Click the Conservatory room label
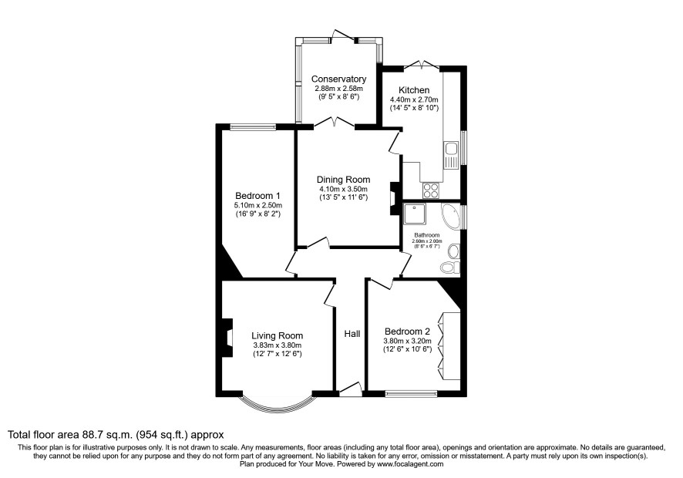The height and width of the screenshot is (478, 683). click(338, 79)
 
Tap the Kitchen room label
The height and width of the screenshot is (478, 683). click(414, 90)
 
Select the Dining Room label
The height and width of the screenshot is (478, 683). click(343, 180)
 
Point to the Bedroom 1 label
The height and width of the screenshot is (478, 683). click(258, 196)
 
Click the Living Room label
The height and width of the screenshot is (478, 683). click(277, 335)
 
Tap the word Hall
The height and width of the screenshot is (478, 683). click(352, 334)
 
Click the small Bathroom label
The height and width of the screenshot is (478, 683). click(427, 235)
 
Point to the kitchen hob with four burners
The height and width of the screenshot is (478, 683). click(431, 190)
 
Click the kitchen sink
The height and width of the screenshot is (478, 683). click(451, 155)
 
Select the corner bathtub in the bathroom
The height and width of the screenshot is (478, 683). click(451, 215)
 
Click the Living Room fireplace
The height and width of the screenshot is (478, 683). click(227, 338)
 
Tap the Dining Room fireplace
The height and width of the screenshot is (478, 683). click(394, 198)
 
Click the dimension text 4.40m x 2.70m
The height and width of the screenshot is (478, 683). click(414, 99)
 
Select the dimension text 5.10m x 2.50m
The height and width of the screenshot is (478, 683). click(258, 205)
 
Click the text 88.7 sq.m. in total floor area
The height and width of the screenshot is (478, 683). click(108, 434)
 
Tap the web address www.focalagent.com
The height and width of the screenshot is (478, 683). click(410, 464)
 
